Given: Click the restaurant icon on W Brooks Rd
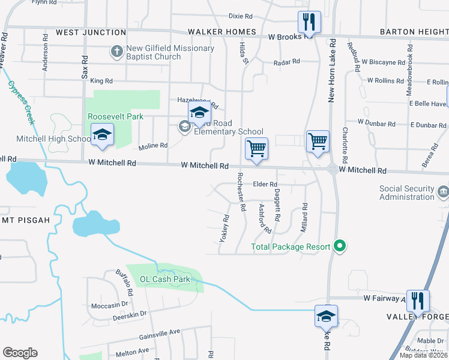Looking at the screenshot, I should click(309, 23).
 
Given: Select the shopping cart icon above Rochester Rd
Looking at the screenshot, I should click(256, 148).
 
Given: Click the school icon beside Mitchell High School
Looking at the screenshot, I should click(102, 135).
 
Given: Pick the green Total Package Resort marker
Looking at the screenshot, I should click(340, 246).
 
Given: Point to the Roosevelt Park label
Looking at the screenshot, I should click(115, 116).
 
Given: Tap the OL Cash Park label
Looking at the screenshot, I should click(164, 279).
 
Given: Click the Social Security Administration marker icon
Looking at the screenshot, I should click(443, 192).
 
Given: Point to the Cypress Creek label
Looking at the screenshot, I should click(20, 103).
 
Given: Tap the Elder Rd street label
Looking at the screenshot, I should click(265, 184).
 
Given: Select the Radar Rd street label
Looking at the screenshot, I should click(286, 62).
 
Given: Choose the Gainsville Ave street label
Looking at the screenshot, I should click(159, 332).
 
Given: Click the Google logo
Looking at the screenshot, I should click(20, 353).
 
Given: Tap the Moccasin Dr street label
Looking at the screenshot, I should click(110, 305).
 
